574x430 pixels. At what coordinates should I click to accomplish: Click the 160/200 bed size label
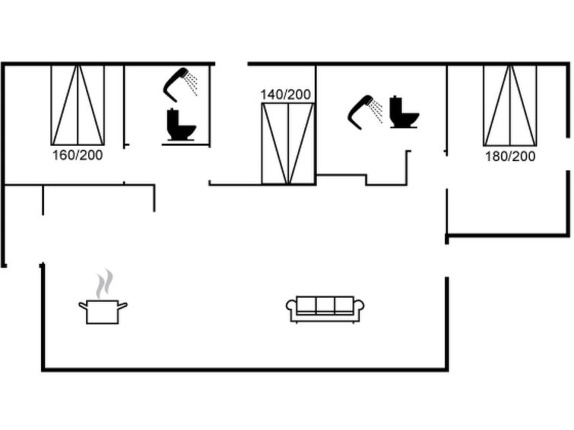click(x=78, y=155)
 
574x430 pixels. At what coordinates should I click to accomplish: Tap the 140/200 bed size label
click(x=286, y=94)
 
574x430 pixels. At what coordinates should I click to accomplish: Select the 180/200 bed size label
click(x=510, y=157)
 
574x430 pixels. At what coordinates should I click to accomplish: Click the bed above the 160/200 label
click(x=78, y=105)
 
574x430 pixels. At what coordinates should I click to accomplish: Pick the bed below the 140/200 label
click(x=288, y=144)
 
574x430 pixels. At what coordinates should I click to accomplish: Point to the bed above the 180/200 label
click(x=510, y=106)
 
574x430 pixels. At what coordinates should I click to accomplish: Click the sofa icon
click(x=325, y=309)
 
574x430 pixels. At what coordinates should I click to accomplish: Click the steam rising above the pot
click(x=104, y=283)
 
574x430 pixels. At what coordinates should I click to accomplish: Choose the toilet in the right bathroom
click(x=404, y=112)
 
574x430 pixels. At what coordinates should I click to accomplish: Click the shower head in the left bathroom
click(x=175, y=84)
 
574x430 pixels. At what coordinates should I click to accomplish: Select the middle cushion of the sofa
click(x=325, y=305)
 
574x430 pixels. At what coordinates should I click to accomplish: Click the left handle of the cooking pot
click(x=84, y=305)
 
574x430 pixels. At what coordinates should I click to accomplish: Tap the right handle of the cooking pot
click(x=122, y=305)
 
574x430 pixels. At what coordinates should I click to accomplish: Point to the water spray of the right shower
click(x=376, y=111)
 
